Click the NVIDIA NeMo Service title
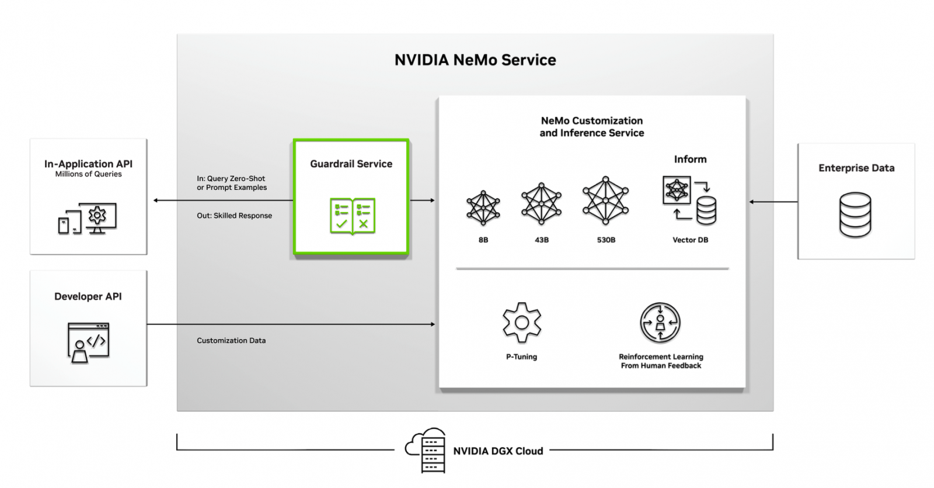475,60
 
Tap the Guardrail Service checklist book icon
353,216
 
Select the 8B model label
483,240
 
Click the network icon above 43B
541,204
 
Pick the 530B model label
606,240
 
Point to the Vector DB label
690,240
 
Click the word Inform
690,159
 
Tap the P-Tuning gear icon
522,322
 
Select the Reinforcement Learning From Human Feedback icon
660,322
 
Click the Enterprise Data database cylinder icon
855,214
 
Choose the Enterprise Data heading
856,168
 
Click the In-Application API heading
88,164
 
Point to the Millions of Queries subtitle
88,174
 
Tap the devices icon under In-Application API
88,219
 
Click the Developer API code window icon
88,342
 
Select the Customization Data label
231,341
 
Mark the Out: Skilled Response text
234,216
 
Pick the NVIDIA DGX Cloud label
498,451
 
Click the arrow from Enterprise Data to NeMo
773,202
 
